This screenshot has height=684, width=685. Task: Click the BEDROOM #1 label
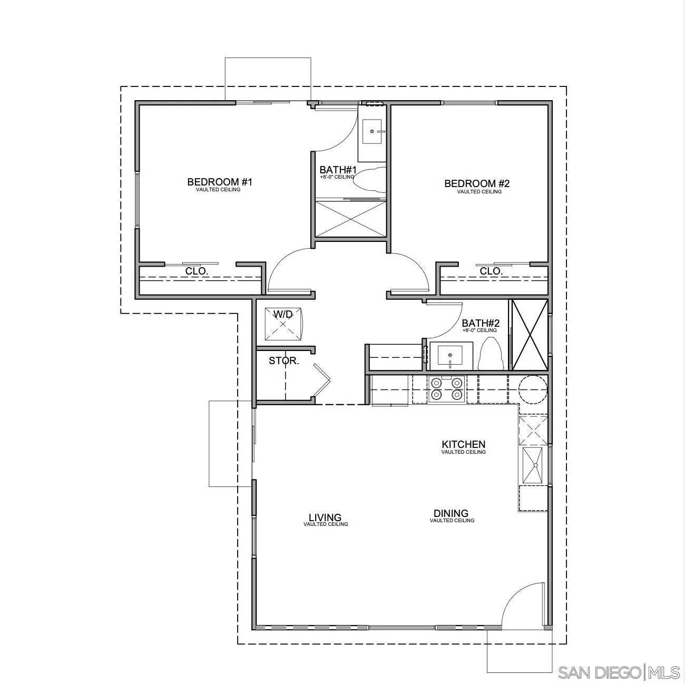click(x=220, y=182)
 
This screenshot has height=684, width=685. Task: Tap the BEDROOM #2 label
click(x=477, y=184)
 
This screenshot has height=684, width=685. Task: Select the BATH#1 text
click(x=338, y=170)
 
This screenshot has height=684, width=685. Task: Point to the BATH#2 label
click(x=481, y=324)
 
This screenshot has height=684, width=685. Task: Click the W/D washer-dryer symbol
click(x=283, y=323)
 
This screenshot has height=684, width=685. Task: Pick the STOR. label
click(x=284, y=361)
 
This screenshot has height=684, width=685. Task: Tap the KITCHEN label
click(x=463, y=445)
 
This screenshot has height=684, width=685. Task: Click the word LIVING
click(x=325, y=517)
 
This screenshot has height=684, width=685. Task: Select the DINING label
click(x=451, y=513)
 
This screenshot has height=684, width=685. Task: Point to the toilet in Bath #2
click(x=491, y=354)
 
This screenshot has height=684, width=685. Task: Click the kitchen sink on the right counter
click(x=534, y=465)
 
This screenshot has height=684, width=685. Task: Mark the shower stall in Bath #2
click(x=530, y=334)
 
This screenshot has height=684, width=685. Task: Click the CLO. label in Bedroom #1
click(x=197, y=271)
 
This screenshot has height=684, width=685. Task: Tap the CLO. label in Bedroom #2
click(x=491, y=271)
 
